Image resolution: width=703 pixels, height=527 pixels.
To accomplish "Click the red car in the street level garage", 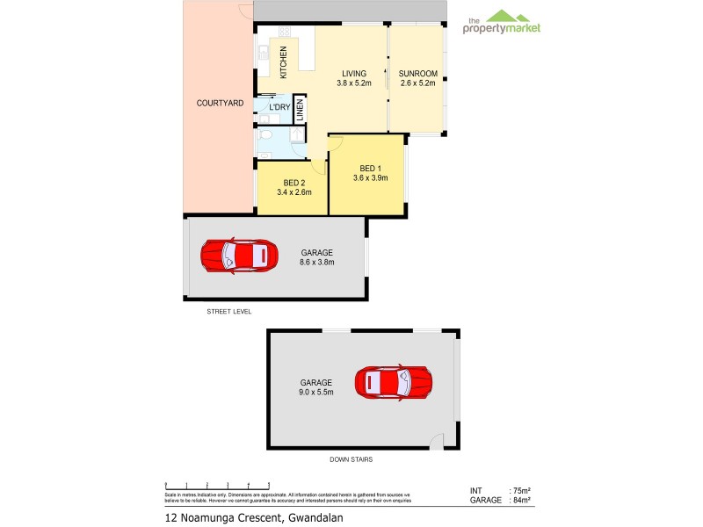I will (239, 256).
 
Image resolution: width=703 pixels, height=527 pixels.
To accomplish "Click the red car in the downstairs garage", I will (394, 382).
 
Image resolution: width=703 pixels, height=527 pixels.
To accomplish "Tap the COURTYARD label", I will (219, 103).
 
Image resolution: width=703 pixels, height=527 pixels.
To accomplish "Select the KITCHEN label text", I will (283, 62).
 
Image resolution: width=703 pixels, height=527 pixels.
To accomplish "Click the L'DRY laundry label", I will (279, 107).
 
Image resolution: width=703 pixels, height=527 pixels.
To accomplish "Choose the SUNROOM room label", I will (416, 73).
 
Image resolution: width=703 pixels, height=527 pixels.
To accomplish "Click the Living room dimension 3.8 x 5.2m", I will (354, 83).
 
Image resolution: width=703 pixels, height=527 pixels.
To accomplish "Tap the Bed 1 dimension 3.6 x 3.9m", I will (370, 178).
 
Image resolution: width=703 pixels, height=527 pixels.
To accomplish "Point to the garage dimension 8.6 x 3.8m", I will (316, 261).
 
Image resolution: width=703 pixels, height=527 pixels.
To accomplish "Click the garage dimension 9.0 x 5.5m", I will (315, 393).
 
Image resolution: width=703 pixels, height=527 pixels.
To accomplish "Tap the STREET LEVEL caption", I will (229, 311).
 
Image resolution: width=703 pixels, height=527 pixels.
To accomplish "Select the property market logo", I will (502, 23).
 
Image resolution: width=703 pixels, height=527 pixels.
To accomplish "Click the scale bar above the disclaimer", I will (217, 486).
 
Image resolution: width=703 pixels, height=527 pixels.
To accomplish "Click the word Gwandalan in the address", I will (314, 517).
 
